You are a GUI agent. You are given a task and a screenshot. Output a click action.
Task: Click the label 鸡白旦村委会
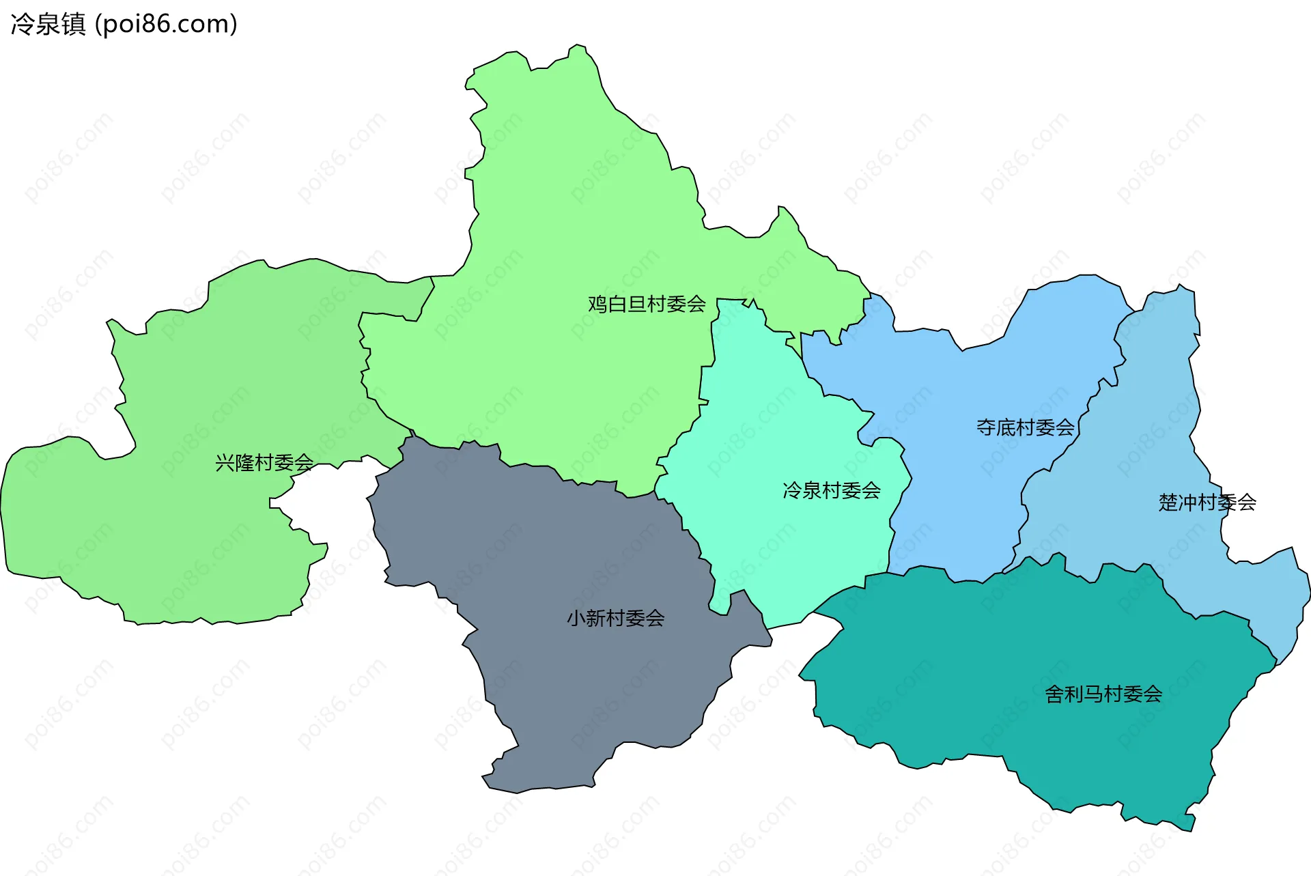click(x=647, y=304)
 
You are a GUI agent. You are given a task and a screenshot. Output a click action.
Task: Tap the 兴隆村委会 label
click(x=264, y=463)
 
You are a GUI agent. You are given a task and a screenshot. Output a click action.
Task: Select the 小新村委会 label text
click(x=615, y=619)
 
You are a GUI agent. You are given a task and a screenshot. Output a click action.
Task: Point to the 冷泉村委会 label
click(x=831, y=490)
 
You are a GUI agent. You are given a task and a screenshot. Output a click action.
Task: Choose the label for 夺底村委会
click(x=1025, y=427)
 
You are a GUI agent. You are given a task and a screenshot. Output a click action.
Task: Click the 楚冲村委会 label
click(x=1207, y=503)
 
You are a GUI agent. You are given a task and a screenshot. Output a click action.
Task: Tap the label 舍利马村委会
click(x=1103, y=694)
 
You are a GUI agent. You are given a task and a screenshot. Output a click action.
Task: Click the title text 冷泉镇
click(x=48, y=24)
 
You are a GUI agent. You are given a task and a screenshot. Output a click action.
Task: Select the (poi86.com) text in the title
click(x=166, y=24)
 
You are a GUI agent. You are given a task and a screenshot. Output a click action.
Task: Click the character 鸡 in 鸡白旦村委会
click(x=597, y=304)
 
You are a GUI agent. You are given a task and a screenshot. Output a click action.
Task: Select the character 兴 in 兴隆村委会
click(x=225, y=463)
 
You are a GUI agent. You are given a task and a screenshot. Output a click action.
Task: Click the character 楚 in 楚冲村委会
click(x=1168, y=503)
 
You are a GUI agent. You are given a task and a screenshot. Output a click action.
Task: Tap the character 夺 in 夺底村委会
click(x=986, y=427)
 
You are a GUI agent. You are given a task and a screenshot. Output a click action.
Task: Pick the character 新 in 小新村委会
click(x=595, y=619)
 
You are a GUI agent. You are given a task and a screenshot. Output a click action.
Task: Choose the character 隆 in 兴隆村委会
click(x=244, y=463)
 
